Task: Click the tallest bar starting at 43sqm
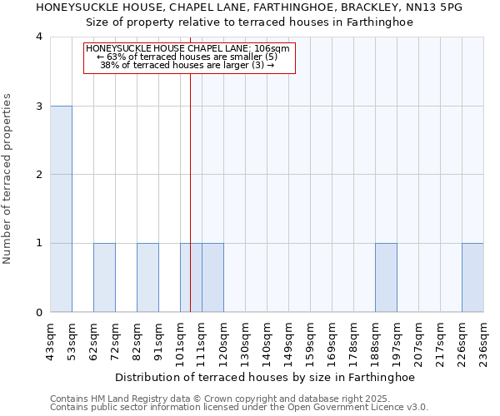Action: coord(61,209)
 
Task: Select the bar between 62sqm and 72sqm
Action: coord(104,278)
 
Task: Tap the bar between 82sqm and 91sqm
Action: coord(147,278)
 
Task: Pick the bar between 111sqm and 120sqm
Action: coord(212,278)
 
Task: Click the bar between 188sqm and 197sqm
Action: coord(386,278)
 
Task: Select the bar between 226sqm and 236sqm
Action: coord(472,278)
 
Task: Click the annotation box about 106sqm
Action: coord(189,57)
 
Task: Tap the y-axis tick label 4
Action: coord(39,37)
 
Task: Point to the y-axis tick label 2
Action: coord(39,175)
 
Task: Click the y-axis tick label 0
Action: coord(39,313)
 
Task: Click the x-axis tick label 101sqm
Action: coord(180,339)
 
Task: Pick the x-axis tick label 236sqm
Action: coord(483,339)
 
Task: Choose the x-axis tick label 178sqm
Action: coord(353,339)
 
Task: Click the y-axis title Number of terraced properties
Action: coord(8,179)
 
